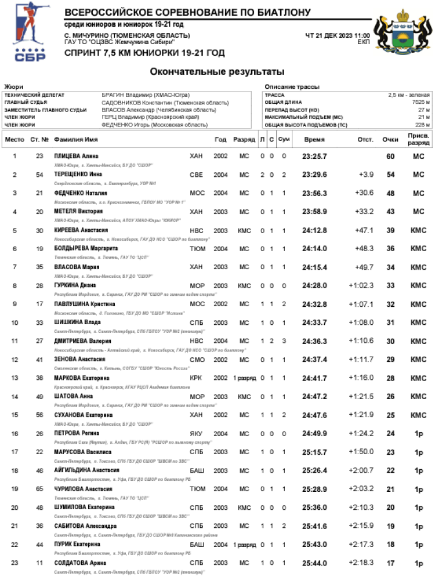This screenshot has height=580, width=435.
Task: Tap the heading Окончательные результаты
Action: (x=217, y=72)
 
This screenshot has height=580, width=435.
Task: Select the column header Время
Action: (x=314, y=140)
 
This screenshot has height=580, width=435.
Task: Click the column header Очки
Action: (x=390, y=140)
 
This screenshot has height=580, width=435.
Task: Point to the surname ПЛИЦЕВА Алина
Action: (x=77, y=157)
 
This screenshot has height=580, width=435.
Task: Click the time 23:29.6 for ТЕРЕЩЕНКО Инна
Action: (x=314, y=175)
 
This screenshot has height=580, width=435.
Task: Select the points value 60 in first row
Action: (x=390, y=157)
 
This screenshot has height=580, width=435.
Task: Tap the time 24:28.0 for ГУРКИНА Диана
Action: (x=314, y=285)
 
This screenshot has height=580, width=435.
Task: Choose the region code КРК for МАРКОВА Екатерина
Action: (x=196, y=378)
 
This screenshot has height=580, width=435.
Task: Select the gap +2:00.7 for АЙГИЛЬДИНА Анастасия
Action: (x=361, y=470)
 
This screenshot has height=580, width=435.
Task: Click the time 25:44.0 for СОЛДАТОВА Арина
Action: (x=314, y=562)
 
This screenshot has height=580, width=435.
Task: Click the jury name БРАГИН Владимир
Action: (x=146, y=95)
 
